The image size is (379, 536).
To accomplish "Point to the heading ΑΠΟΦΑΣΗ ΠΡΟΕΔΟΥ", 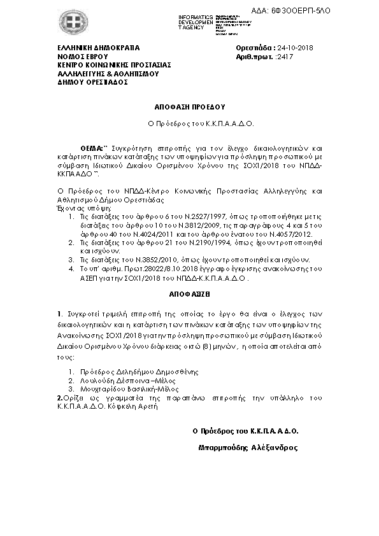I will tap(189, 107).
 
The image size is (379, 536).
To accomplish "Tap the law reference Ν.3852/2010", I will tap(138, 260).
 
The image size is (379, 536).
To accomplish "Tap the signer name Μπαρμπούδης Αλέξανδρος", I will tap(248, 447).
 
